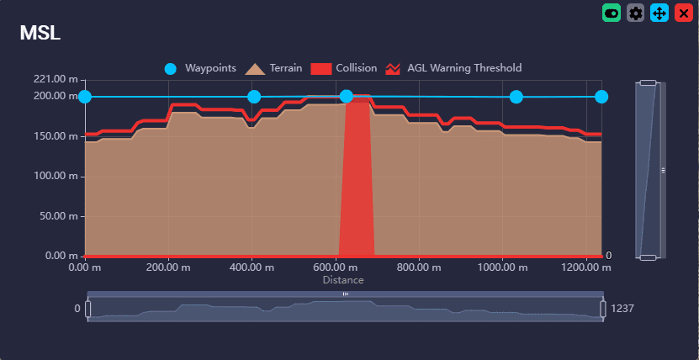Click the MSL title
pos(40,33)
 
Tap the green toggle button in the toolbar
pos(612,13)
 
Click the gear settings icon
pos(636,13)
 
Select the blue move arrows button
pos(659,13)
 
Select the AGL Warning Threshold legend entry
pos(453,68)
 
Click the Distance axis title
pos(343,280)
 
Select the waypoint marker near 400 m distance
pos(254,97)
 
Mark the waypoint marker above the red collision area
pos(346,97)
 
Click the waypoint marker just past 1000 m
pos(516,97)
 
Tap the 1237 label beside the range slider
pos(622,309)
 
